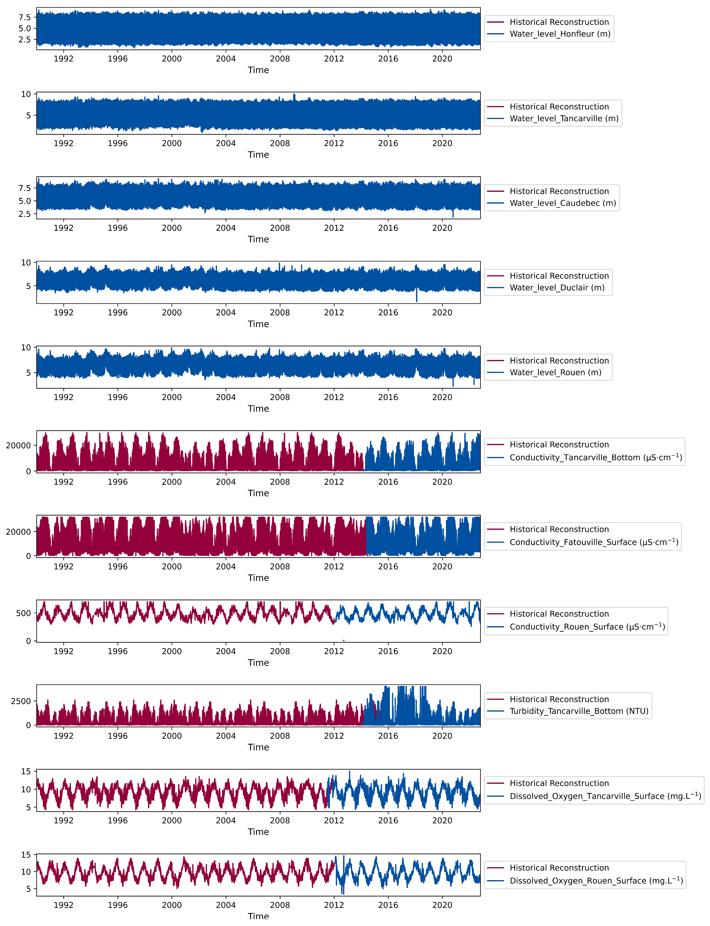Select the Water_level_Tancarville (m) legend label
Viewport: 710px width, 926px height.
click(564, 118)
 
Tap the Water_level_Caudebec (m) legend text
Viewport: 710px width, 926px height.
click(563, 203)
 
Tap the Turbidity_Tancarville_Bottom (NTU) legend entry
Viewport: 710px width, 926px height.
click(579, 711)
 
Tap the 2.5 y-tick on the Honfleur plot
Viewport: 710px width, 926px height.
click(24, 39)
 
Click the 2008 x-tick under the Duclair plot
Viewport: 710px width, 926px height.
click(280, 312)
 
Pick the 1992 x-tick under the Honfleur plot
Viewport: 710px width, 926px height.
click(63, 59)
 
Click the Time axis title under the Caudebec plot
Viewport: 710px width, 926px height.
click(258, 239)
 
